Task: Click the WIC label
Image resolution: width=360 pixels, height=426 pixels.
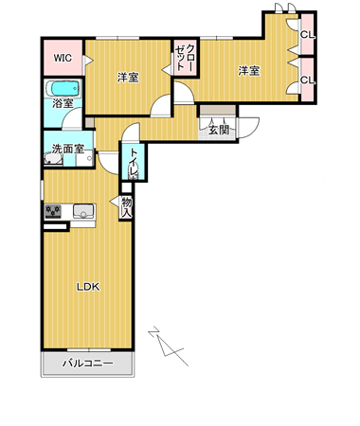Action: pyautogui.click(x=63, y=58)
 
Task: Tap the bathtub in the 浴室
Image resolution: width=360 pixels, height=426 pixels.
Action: pyautogui.click(x=63, y=88)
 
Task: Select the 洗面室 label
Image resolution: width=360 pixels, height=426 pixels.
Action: pyautogui.click(x=68, y=149)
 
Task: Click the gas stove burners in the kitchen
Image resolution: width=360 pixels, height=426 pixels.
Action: pyautogui.click(x=53, y=211)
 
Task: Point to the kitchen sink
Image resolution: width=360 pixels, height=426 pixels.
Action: pyautogui.click(x=83, y=211)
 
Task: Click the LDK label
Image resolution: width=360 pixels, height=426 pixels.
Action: pyautogui.click(x=88, y=287)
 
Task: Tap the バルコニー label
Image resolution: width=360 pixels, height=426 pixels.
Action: pyautogui.click(x=87, y=364)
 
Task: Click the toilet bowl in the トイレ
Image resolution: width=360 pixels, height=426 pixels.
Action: pyautogui.click(x=134, y=172)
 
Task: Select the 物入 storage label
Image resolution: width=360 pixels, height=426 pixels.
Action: pyautogui.click(x=127, y=207)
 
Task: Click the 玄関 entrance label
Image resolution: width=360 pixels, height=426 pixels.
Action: pyautogui.click(x=219, y=130)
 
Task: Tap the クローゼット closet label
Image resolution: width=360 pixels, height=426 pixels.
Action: pyautogui.click(x=186, y=58)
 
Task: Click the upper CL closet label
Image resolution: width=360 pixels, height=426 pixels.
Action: pyautogui.click(x=307, y=35)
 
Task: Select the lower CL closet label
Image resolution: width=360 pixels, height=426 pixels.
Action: pyautogui.click(x=307, y=80)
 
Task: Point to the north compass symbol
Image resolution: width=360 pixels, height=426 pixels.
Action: pyautogui.click(x=169, y=346)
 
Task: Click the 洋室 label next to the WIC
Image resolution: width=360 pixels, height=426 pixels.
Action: pyautogui.click(x=128, y=78)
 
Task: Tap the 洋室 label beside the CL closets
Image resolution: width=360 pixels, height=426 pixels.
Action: pyautogui.click(x=249, y=71)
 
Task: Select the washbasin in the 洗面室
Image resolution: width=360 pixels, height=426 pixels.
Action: pyautogui.click(x=53, y=159)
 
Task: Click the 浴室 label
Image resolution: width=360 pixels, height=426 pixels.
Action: pyautogui.click(x=63, y=103)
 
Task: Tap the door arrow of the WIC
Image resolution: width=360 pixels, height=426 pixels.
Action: pyautogui.click(x=88, y=61)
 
